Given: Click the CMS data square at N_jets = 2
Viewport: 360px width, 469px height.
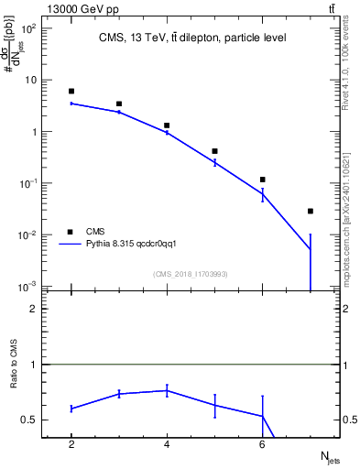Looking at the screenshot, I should click(71, 92).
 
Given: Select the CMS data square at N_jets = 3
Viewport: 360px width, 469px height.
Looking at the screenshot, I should click(119, 104).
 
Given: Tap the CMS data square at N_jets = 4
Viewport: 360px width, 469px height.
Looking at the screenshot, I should click(167, 125).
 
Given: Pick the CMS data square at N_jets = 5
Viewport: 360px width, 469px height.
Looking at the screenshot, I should click(214, 151).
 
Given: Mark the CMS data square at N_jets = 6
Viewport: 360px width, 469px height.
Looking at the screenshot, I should click(263, 180).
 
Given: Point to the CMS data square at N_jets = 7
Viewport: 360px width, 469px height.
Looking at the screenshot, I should click(311, 212).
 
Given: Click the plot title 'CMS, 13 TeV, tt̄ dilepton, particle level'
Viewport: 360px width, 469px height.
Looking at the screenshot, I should click(191, 38).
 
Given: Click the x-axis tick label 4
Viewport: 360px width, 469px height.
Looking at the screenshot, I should click(167, 444).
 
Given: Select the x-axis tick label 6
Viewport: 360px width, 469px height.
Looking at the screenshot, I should click(263, 444).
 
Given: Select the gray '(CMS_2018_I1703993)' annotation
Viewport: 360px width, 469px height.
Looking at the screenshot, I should click(191, 274).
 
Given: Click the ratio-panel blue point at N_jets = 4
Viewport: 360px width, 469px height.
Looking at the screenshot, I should click(167, 390).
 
